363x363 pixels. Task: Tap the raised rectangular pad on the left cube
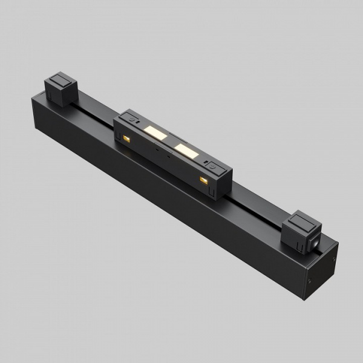coord(61,80)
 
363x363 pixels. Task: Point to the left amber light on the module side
coord(126,139)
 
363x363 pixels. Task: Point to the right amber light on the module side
coord(203,181)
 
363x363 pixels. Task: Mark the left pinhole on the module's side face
coord(155,147)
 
